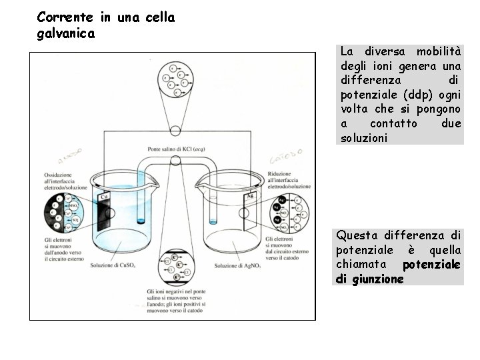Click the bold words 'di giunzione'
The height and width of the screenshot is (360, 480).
pyautogui.click(x=370, y=279)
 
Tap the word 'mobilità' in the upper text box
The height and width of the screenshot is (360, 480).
pyautogui.click(x=438, y=51)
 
